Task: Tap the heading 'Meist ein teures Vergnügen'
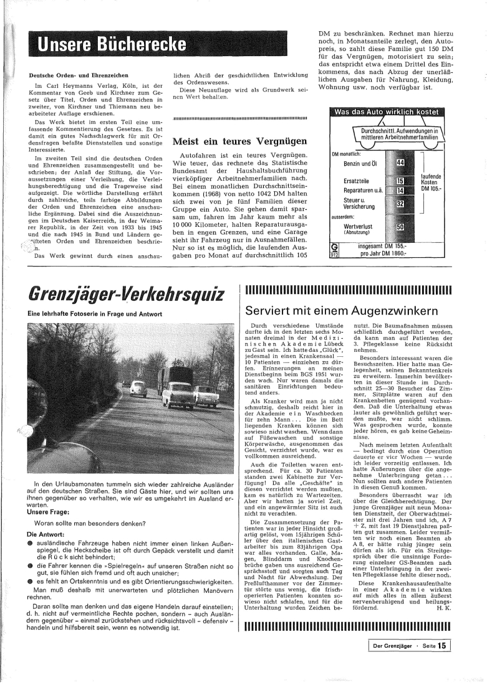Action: [x=239, y=141]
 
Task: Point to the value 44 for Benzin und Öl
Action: [x=400, y=163]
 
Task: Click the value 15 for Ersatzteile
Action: [x=400, y=181]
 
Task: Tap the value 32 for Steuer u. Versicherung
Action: [x=400, y=204]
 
